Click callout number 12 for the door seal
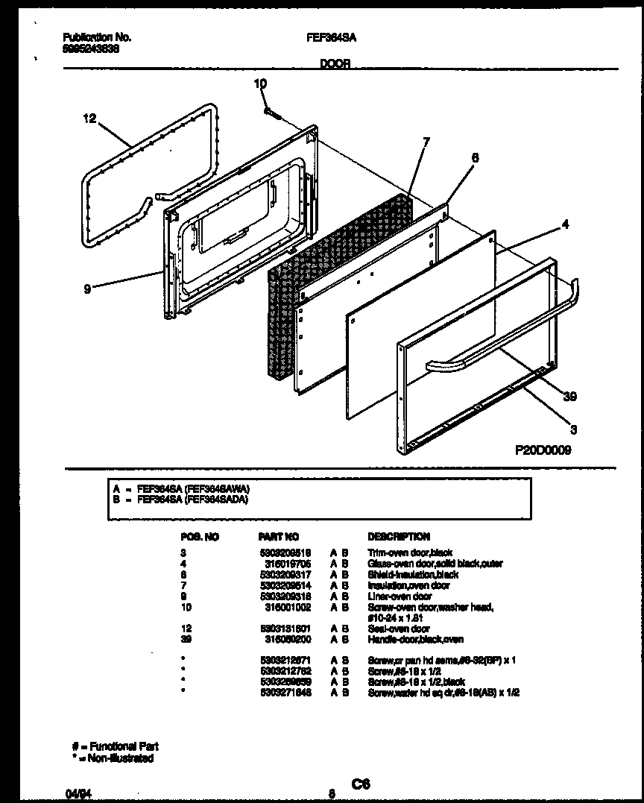click(x=90, y=118)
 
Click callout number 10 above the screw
click(x=259, y=85)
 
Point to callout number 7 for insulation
click(x=426, y=141)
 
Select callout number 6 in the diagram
click(x=475, y=157)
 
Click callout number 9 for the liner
click(x=87, y=289)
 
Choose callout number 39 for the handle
click(x=570, y=397)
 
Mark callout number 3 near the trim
click(x=573, y=429)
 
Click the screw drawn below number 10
click(x=271, y=113)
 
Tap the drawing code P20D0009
click(x=543, y=450)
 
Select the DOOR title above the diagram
click(x=335, y=64)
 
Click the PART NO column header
click(x=278, y=536)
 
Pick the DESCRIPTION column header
click(x=399, y=536)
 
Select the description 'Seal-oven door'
click(x=400, y=629)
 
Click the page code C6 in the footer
click(x=361, y=784)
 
